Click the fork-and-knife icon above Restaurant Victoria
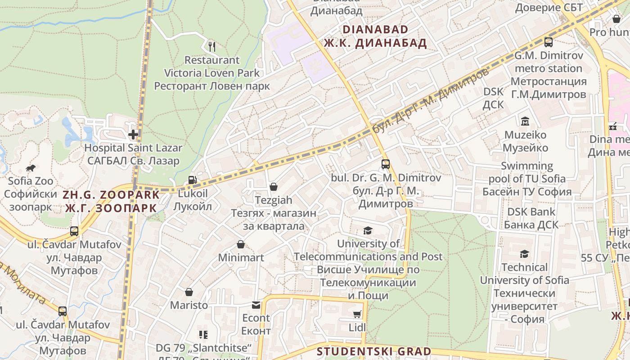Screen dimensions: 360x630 212,46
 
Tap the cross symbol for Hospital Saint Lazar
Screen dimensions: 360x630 133,134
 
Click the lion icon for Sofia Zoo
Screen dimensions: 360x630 31,168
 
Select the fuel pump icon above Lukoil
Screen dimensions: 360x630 192,180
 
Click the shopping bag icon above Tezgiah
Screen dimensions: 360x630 273,187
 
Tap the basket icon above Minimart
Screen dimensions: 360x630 241,244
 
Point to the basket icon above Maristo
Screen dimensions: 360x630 189,292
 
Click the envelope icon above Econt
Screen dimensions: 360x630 256,305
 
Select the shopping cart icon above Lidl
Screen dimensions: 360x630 357,314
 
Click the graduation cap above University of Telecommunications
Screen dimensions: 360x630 368,231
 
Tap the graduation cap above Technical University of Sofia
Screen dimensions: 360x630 524,254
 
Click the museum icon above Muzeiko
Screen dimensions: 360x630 525,121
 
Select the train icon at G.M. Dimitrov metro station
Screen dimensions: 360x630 548,42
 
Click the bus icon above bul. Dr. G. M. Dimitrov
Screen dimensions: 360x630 385,164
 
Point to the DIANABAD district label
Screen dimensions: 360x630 375,30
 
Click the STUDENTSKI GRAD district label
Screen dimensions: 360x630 373,351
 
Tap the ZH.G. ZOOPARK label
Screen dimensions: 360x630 111,195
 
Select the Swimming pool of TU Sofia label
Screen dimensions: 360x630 527,179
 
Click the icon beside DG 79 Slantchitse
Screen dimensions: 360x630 203,334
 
